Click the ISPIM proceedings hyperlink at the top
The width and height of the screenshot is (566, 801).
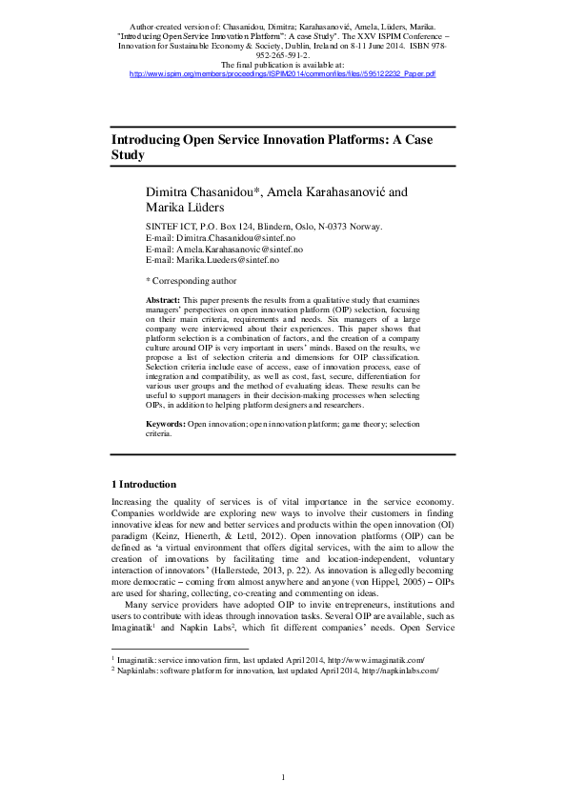pos(282,74)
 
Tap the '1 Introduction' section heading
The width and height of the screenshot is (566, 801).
pos(144,485)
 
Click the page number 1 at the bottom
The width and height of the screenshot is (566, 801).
pos(283,780)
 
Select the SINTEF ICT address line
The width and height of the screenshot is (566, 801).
pos(264,227)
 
